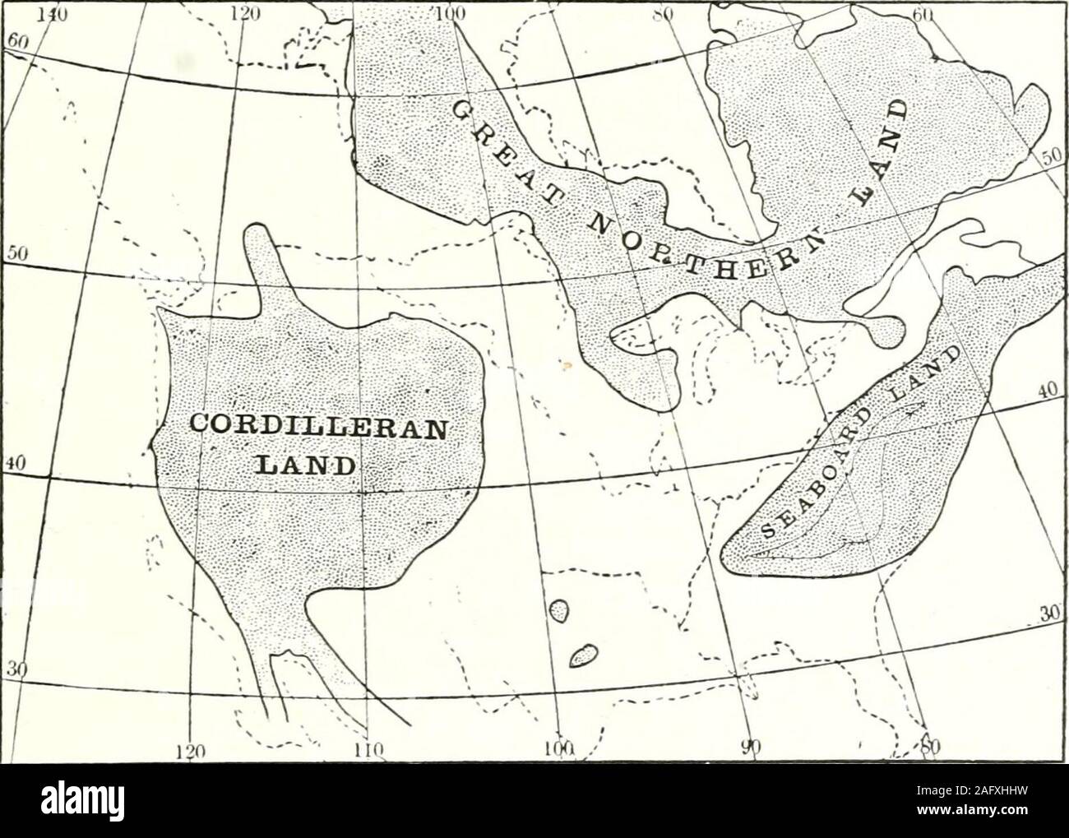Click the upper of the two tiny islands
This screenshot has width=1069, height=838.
click(559, 609)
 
